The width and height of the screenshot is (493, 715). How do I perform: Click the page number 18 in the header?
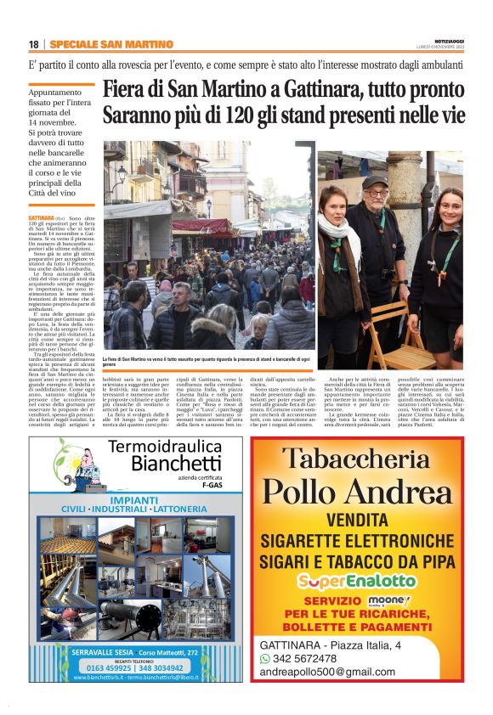(x=33, y=44)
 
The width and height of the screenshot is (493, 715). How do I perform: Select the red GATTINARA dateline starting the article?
(x=42, y=218)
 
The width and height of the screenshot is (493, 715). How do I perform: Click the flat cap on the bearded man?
(x=374, y=182)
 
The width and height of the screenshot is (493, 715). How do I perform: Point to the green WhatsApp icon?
(x=264, y=658)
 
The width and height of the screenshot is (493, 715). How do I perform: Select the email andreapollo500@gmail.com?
(x=328, y=672)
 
